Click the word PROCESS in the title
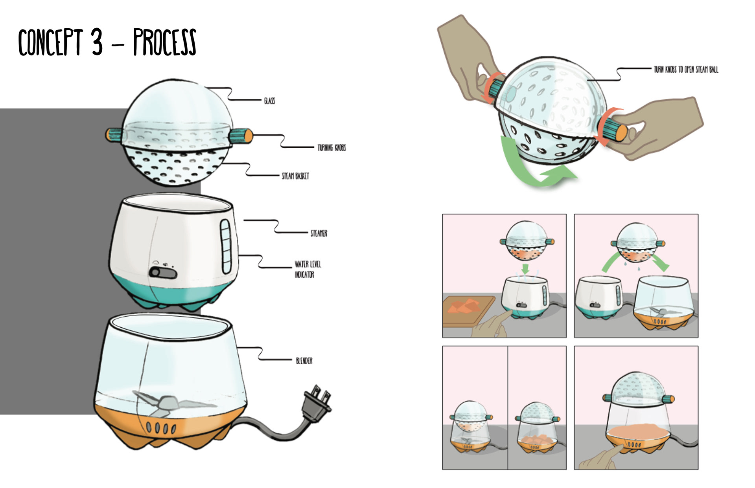(x=164, y=42)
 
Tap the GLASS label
(x=269, y=101)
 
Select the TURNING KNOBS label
(x=331, y=147)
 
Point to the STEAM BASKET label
(x=295, y=176)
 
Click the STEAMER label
(x=319, y=233)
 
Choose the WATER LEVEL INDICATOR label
(x=308, y=269)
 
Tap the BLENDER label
(x=304, y=361)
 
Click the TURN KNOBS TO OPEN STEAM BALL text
(x=686, y=70)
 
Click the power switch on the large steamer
(x=162, y=272)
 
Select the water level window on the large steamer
(x=226, y=246)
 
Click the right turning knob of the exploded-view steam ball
(x=241, y=136)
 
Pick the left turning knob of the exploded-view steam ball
(x=114, y=134)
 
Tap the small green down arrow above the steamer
(x=525, y=270)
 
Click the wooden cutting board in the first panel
(x=468, y=310)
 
